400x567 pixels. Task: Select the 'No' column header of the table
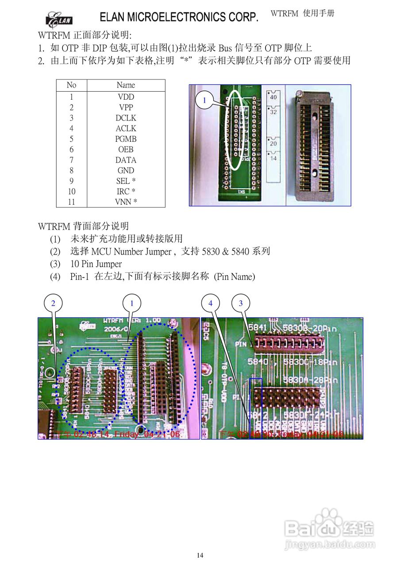click(71, 85)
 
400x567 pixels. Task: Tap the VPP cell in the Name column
click(126, 107)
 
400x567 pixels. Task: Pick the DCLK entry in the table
click(126, 118)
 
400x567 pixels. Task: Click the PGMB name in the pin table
click(126, 139)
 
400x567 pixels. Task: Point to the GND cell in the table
click(126, 171)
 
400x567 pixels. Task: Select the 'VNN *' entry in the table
click(126, 202)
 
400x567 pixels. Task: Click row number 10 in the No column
click(71, 191)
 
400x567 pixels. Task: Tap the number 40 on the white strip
click(273, 97)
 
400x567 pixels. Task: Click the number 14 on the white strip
click(273, 158)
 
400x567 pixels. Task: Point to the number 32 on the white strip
click(273, 112)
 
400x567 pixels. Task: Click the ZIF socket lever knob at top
click(300, 93)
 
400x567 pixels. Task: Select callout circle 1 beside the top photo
click(204, 101)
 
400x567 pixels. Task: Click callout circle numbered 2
click(53, 303)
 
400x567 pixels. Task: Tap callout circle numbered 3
click(241, 303)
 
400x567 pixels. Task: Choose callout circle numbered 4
click(210, 303)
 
